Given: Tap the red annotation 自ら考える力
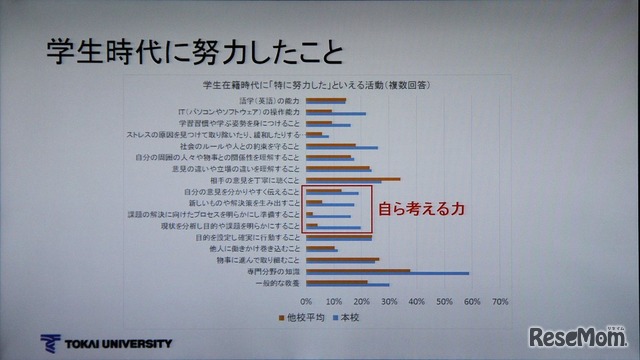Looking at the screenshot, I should point(420,211).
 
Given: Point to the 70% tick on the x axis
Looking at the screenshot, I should point(501,301).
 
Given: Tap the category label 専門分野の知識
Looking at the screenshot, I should point(271,272).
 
